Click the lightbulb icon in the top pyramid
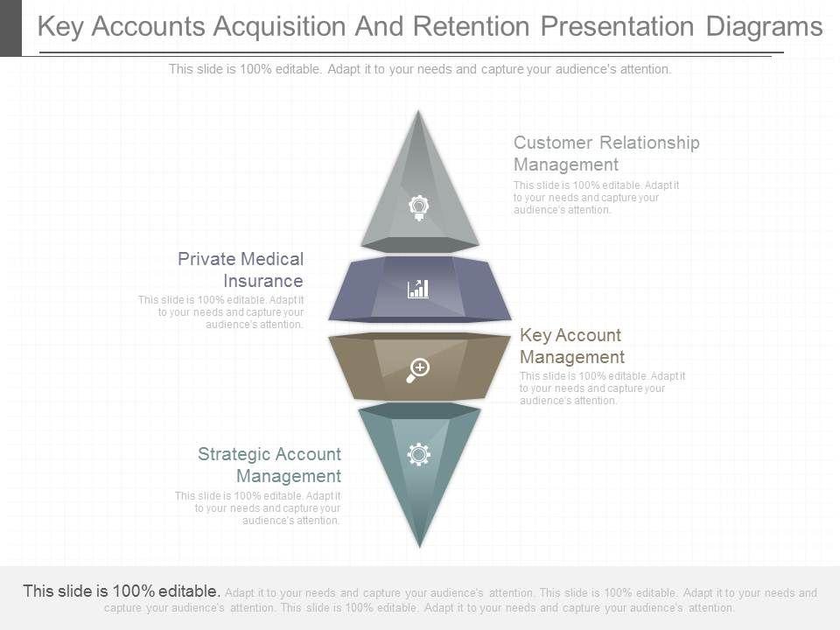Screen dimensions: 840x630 [x=419, y=207]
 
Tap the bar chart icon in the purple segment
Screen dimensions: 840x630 [x=418, y=289]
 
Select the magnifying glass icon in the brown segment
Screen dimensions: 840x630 [x=418, y=369]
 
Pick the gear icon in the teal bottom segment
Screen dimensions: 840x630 [x=419, y=453]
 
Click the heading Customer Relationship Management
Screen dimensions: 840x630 [x=606, y=153]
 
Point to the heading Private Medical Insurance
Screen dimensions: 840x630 [x=241, y=269]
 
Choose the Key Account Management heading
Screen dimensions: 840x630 [x=571, y=346]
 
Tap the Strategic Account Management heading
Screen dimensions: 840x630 [x=269, y=465]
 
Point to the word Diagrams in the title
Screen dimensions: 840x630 [x=764, y=27]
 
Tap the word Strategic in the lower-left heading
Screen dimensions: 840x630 [x=232, y=454]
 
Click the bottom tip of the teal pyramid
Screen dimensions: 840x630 [x=420, y=544]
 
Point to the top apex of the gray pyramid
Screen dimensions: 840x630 [x=419, y=113]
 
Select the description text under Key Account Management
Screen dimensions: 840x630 [x=602, y=388]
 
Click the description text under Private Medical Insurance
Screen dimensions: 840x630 [x=222, y=311]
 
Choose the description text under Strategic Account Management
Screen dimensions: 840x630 [x=259, y=507]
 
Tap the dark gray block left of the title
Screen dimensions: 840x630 [x=10, y=27]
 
